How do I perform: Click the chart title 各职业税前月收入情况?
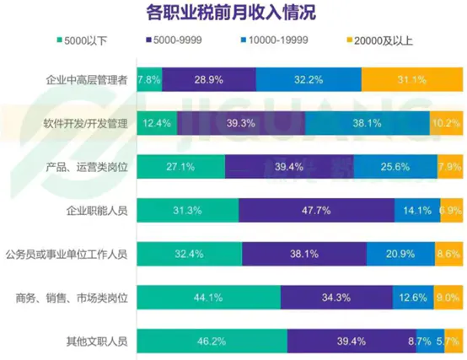tap(233, 13)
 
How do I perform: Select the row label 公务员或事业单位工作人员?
tap(67, 253)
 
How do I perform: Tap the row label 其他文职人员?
tap(97, 341)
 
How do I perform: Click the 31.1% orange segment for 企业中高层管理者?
tap(411, 79)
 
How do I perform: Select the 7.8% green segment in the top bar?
tap(148, 79)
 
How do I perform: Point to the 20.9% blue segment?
tap(400, 253)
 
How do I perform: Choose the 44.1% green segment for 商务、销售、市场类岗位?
tap(207, 297)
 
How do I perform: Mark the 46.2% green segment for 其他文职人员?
tap(211, 341)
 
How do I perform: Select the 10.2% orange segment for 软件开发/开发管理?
tap(446, 123)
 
